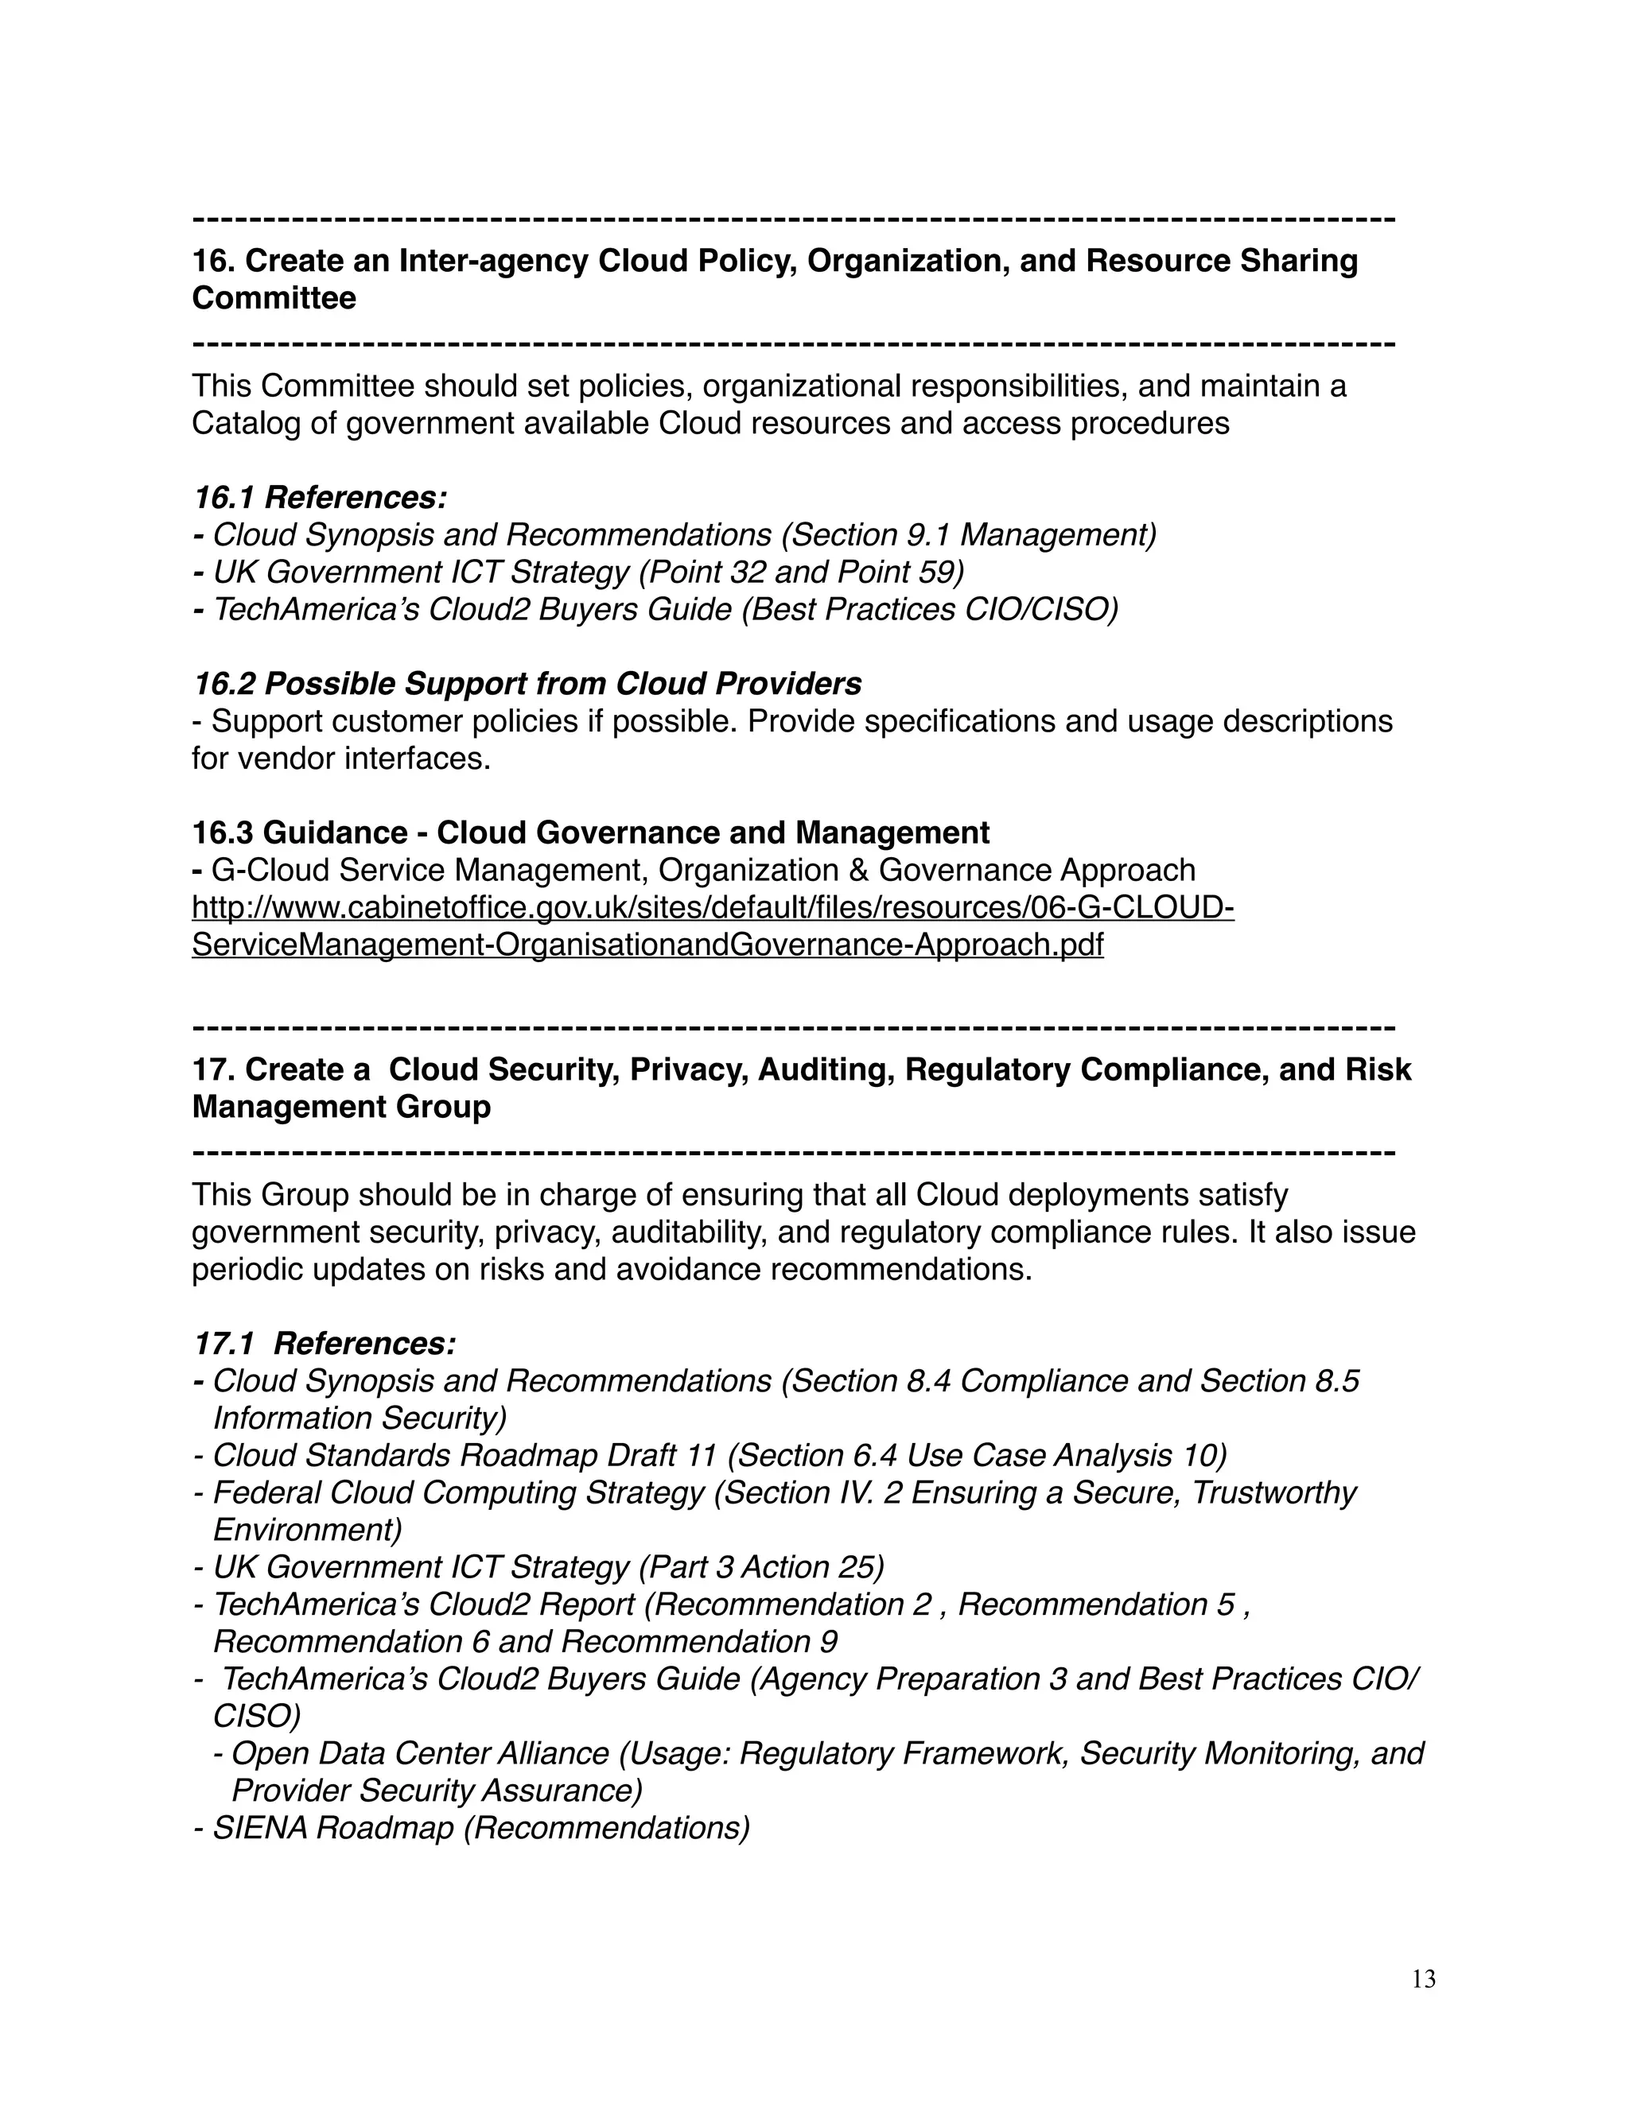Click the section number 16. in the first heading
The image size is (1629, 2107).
tap(213, 261)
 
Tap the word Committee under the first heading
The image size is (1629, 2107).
tap(274, 298)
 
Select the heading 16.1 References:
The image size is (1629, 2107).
tap(320, 498)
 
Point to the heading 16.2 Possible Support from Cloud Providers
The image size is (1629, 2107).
tap(527, 684)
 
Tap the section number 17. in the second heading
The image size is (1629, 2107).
tap(213, 1069)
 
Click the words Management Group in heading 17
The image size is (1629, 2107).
tap(340, 1107)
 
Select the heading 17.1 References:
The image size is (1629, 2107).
tap(325, 1344)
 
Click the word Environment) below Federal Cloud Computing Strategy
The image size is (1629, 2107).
tap(307, 1530)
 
